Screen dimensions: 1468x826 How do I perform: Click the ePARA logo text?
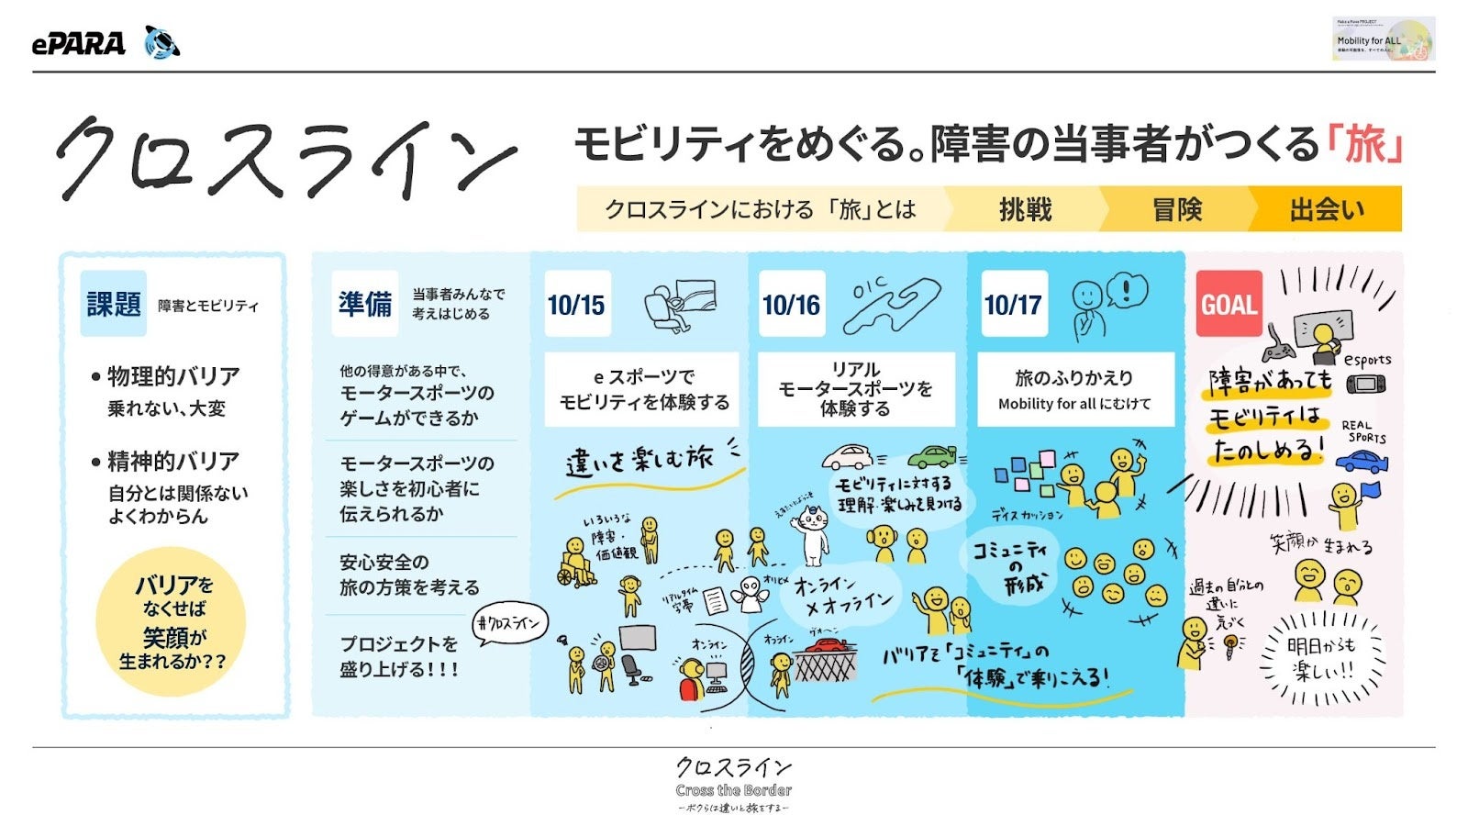(79, 43)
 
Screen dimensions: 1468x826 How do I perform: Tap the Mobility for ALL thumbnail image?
(1383, 39)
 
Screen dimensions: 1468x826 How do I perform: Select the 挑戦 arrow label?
(1025, 210)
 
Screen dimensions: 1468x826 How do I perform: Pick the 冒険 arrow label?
(1177, 210)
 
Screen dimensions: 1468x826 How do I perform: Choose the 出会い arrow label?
(1327, 210)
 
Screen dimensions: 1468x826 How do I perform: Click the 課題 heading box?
(114, 304)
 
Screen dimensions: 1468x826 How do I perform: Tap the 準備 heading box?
(365, 304)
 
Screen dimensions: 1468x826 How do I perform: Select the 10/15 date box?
(576, 305)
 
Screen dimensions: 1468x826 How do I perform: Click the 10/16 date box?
(791, 305)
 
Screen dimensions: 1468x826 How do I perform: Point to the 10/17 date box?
(1013, 305)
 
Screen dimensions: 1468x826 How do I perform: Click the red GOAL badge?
(1229, 305)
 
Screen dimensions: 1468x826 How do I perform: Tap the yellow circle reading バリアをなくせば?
(172, 621)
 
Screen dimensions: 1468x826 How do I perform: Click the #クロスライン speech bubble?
(510, 624)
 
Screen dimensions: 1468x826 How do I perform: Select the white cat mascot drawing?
(811, 533)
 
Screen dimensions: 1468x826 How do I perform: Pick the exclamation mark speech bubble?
(1127, 291)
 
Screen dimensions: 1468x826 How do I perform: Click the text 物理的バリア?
(172, 376)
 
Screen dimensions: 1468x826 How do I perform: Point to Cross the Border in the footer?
(733, 790)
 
